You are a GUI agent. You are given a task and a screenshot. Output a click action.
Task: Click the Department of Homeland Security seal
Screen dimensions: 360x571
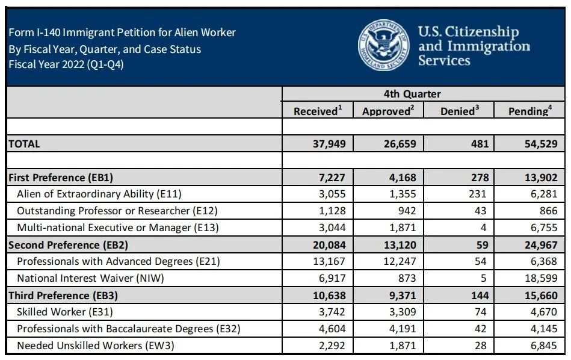coord(384,46)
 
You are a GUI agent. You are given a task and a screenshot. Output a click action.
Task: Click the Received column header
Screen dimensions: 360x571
coord(318,111)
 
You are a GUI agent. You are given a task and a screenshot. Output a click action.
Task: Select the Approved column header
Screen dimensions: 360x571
coord(388,111)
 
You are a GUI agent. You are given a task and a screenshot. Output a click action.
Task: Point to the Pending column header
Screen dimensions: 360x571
coord(530,111)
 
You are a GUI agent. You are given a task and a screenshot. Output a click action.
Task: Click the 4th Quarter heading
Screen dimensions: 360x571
coord(424,94)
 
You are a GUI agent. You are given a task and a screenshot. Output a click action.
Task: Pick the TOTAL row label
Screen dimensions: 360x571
coord(24,144)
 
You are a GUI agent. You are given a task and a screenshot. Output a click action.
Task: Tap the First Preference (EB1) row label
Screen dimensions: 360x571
coord(61,178)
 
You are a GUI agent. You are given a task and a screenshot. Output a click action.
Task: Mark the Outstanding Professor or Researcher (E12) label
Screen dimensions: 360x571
coord(117,211)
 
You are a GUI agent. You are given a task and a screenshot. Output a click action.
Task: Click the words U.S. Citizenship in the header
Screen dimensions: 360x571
coord(468,32)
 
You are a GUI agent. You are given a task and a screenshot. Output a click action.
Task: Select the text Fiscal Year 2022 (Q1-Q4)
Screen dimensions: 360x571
coord(66,64)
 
